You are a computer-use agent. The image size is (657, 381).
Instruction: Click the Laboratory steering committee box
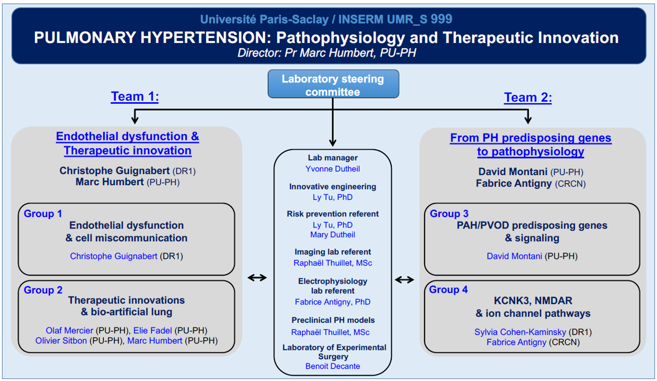[333, 84]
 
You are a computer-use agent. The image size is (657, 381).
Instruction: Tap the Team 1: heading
[135, 96]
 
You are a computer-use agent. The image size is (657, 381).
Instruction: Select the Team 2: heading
[528, 97]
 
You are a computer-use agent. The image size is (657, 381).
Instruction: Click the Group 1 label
[43, 214]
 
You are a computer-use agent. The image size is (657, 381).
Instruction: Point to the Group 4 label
[448, 289]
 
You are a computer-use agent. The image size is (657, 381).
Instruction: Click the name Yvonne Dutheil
[332, 169]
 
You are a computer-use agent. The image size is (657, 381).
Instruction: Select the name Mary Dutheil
[332, 235]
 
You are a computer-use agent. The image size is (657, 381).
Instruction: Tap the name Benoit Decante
[332, 366]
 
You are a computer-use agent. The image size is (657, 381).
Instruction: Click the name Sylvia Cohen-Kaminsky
[520, 332]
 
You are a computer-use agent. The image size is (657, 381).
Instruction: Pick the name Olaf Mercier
[69, 331]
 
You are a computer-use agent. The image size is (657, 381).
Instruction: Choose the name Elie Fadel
[152, 331]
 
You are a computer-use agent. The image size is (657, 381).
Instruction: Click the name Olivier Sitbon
[61, 341]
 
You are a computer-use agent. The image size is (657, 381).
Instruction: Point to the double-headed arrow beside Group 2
[257, 277]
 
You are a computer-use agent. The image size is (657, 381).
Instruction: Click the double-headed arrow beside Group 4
[404, 280]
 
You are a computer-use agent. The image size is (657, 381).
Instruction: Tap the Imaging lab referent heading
[332, 252]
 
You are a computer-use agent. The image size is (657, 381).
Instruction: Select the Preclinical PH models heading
[333, 320]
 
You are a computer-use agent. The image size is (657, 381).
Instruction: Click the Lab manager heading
[332, 158]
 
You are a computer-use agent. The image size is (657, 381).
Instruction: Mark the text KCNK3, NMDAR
[533, 301]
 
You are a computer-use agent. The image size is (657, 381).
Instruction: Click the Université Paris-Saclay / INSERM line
[326, 20]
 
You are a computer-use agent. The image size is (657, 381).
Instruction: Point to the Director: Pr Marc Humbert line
[327, 53]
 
